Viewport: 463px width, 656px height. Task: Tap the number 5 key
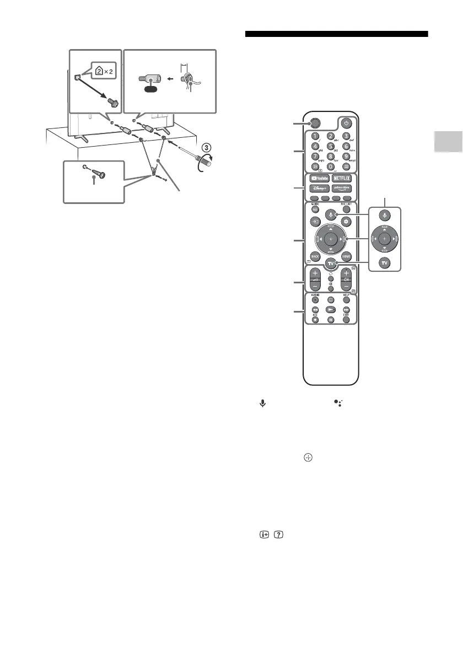tap(330, 147)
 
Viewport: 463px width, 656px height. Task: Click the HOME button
tap(346, 256)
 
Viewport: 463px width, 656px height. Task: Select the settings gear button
tap(346, 221)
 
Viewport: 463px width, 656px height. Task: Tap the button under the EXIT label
tap(346, 319)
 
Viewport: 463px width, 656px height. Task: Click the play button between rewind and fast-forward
tap(330, 310)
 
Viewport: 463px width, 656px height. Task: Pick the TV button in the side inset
tap(385, 262)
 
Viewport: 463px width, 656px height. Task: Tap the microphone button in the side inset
tap(385, 214)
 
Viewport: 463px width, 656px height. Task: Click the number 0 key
tap(330, 166)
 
